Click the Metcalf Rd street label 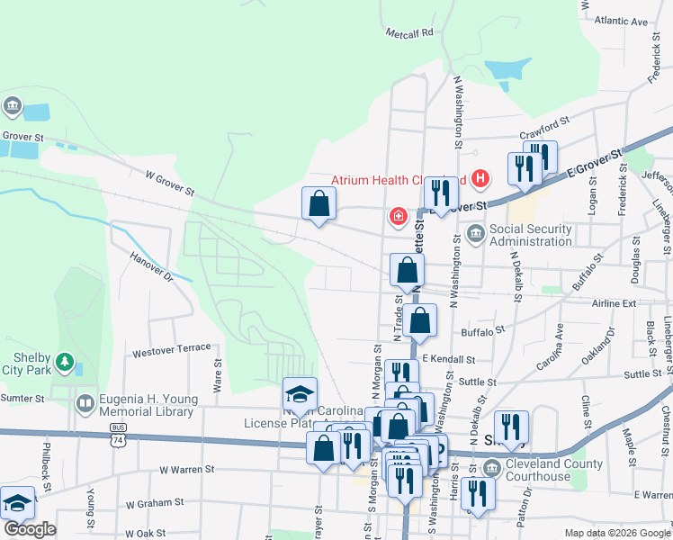coord(409,32)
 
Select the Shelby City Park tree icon coord(64,363)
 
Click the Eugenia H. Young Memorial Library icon coord(86,402)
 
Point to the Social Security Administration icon coord(475,235)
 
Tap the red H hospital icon coord(480,178)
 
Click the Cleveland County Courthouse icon coord(491,468)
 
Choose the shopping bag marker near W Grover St coord(319,203)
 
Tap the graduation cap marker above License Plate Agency coord(300,393)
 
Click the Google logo coord(30,529)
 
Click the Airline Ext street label coord(614,303)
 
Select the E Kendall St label coord(447,358)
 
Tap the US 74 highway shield coord(119,440)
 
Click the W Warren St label coord(187,469)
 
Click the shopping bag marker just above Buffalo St coord(420,319)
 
